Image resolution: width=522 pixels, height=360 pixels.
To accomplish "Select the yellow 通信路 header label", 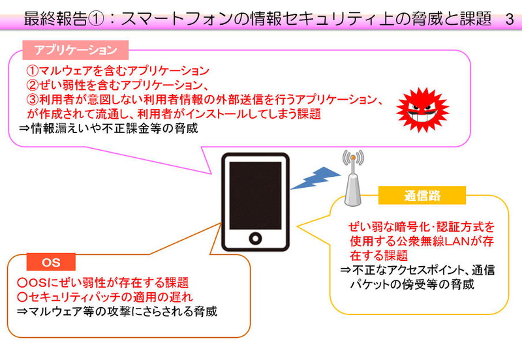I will click(422, 195).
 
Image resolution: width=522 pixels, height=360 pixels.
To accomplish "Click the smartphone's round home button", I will click(255, 239).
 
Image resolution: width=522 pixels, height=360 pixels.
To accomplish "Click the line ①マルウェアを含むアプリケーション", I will click(117, 70).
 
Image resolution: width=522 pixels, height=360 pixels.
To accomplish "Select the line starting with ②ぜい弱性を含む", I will click(117, 85).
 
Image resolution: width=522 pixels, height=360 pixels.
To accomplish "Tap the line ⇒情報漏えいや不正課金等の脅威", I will click(108, 128).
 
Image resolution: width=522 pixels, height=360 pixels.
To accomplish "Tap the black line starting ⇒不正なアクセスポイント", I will click(418, 270).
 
